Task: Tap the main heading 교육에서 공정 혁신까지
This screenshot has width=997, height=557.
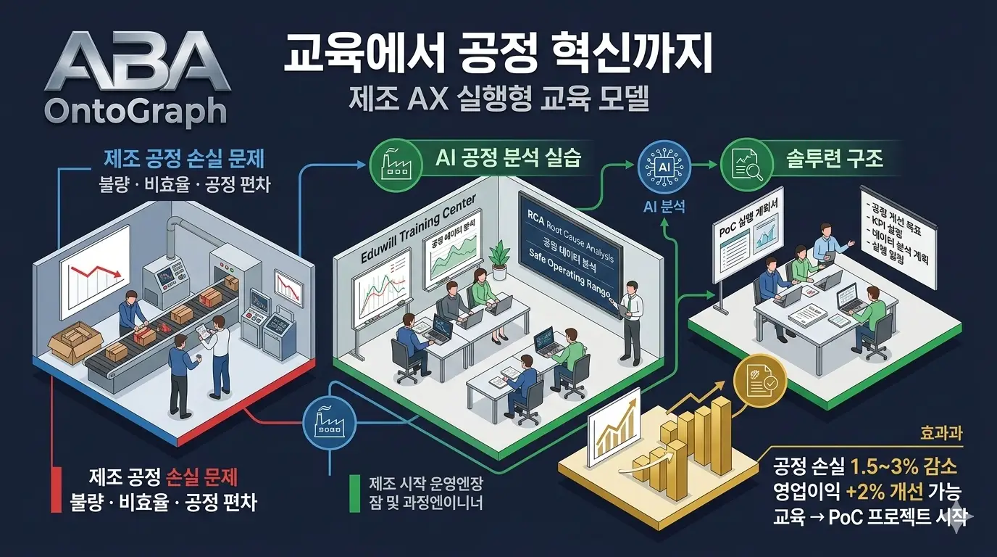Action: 498,57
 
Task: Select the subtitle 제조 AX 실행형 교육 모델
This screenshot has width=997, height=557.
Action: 498,98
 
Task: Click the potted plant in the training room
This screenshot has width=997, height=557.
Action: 500,258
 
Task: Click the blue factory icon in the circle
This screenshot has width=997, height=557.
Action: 328,420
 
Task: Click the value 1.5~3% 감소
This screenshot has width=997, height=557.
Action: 904,466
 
